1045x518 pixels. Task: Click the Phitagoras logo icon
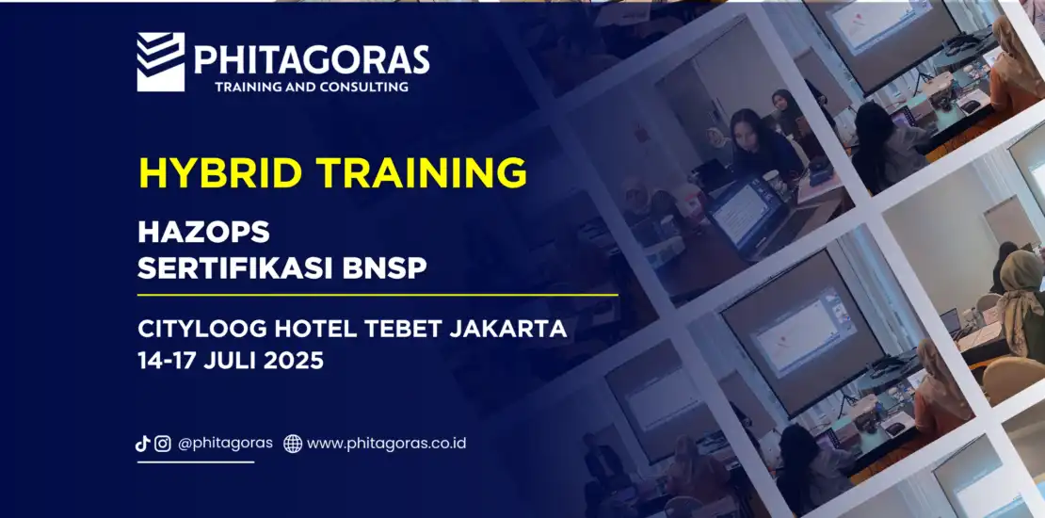click(161, 62)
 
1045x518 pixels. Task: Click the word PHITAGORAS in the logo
click(312, 59)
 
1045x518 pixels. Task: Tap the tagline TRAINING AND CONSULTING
click(312, 87)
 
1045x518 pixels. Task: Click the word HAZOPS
click(203, 232)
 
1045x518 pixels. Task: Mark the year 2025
click(294, 361)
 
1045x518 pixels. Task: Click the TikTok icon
click(142, 444)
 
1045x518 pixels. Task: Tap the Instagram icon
click(163, 444)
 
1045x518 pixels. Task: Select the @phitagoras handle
click(225, 444)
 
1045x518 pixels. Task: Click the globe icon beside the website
click(293, 444)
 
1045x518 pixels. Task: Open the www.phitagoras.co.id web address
click(387, 444)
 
